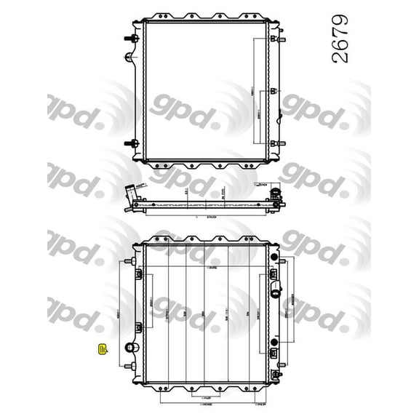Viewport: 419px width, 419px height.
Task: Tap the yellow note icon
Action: tap(103, 351)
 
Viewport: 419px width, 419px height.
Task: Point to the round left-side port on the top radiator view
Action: tap(130, 57)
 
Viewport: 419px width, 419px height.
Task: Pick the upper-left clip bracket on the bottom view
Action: tap(137, 274)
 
